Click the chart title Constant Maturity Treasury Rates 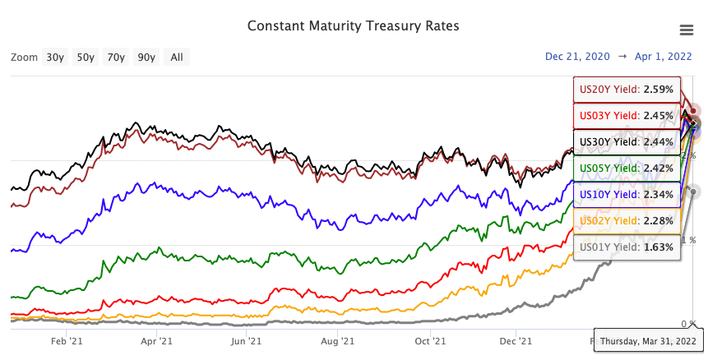[x=354, y=25]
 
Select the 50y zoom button [x=86, y=57]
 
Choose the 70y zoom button [x=116, y=57]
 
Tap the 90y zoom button [x=146, y=57]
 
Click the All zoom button [x=177, y=57]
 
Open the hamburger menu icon [x=687, y=30]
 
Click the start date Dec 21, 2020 [x=577, y=57]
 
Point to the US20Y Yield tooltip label [x=627, y=89]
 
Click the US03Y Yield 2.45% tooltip [x=627, y=115]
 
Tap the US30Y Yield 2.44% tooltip [x=627, y=141]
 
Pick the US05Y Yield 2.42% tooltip [x=627, y=168]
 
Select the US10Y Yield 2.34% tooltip [x=627, y=194]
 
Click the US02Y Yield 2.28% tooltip [x=627, y=220]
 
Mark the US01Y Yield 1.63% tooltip [x=627, y=247]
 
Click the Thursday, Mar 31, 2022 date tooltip [x=648, y=340]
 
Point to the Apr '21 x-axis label [x=156, y=340]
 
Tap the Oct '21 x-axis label [x=428, y=340]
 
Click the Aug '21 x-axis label [x=336, y=340]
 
